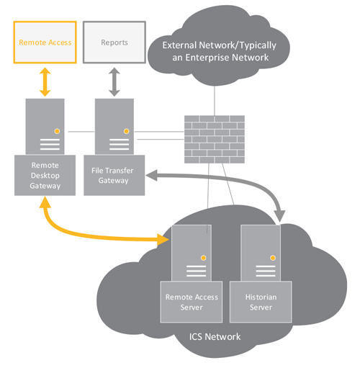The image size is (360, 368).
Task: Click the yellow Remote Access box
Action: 45,42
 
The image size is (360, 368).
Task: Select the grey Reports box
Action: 114,42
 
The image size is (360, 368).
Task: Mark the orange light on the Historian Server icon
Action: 273,257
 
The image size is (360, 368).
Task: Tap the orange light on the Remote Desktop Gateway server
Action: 57,131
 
